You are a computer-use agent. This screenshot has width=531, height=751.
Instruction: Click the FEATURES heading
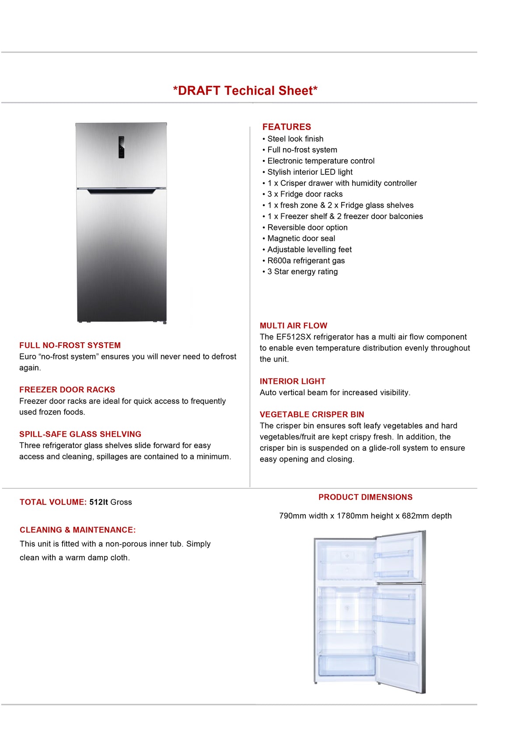tap(286, 127)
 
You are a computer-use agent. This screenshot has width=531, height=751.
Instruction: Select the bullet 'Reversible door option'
tap(307, 227)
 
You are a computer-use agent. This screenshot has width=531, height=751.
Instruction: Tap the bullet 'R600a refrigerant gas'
tap(306, 261)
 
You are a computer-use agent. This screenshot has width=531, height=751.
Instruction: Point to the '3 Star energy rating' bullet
tap(302, 271)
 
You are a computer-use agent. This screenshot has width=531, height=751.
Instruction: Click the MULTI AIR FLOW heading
tap(293, 326)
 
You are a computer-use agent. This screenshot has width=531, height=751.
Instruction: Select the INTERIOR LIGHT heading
tap(292, 381)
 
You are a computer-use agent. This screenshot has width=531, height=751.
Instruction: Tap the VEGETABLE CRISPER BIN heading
tap(311, 414)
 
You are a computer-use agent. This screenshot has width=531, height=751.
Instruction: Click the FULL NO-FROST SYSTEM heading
tap(70, 345)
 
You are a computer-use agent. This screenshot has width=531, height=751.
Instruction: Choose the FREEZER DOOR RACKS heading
tap(67, 389)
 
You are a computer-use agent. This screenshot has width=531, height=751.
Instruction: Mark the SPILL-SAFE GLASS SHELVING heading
tap(80, 434)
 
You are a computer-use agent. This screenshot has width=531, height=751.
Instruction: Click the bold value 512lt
tap(98, 502)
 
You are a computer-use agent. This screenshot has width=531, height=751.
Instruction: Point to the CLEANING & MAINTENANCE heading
tap(77, 530)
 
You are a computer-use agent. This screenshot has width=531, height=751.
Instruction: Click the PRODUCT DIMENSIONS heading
tap(365, 497)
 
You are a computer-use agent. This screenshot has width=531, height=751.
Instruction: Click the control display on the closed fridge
tap(121, 147)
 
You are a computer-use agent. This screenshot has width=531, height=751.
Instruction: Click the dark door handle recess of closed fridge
tap(121, 191)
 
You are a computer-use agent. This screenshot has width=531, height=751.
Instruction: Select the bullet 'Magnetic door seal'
tap(301, 238)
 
